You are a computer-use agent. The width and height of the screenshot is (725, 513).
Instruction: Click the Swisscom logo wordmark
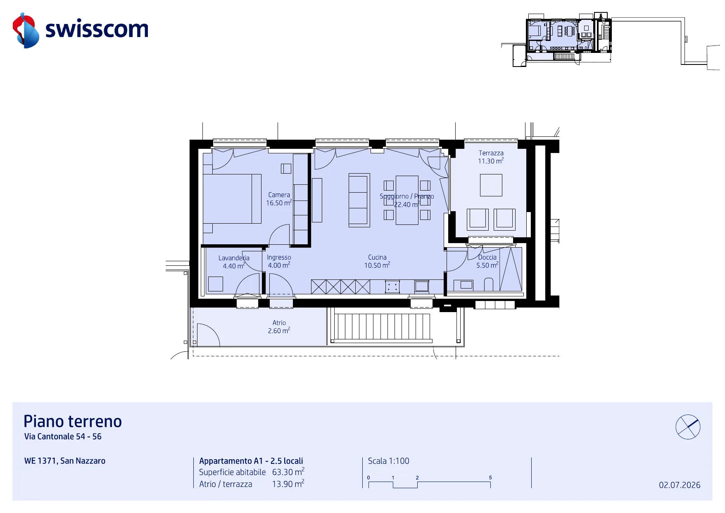pos(97,29)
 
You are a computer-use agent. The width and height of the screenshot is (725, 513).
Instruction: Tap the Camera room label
pos(279,195)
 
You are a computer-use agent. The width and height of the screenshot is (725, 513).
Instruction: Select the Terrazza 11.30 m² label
pos(491,157)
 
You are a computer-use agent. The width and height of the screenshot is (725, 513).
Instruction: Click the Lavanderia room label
pos(234,258)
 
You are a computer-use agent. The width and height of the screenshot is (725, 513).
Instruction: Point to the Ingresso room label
pos(279,257)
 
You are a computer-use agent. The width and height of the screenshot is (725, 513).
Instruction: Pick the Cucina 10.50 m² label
pos(377,261)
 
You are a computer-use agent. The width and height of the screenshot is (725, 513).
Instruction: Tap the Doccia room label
pos(487,257)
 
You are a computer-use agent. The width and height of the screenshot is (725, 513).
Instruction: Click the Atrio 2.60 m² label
pos(279,327)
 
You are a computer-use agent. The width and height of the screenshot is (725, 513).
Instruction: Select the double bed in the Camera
pos(232,199)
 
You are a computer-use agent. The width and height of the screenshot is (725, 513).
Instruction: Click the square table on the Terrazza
pos(491,185)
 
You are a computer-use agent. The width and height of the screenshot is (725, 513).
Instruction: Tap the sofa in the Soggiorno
pos(359,200)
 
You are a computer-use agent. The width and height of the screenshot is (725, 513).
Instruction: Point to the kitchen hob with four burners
pos(392,286)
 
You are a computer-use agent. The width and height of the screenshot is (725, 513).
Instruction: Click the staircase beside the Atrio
pos(382,327)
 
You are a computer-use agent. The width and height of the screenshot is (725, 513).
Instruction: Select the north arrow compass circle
pos(688,427)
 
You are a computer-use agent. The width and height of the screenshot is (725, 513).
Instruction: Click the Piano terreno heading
pos(73,421)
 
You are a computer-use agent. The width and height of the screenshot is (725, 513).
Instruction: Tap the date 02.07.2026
pos(680,485)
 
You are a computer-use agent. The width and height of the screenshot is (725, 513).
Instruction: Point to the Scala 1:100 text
pos(388,461)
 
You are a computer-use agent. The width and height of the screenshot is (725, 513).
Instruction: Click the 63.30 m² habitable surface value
pos(288,472)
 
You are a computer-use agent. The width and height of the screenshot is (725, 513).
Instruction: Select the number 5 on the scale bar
pos(490,477)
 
